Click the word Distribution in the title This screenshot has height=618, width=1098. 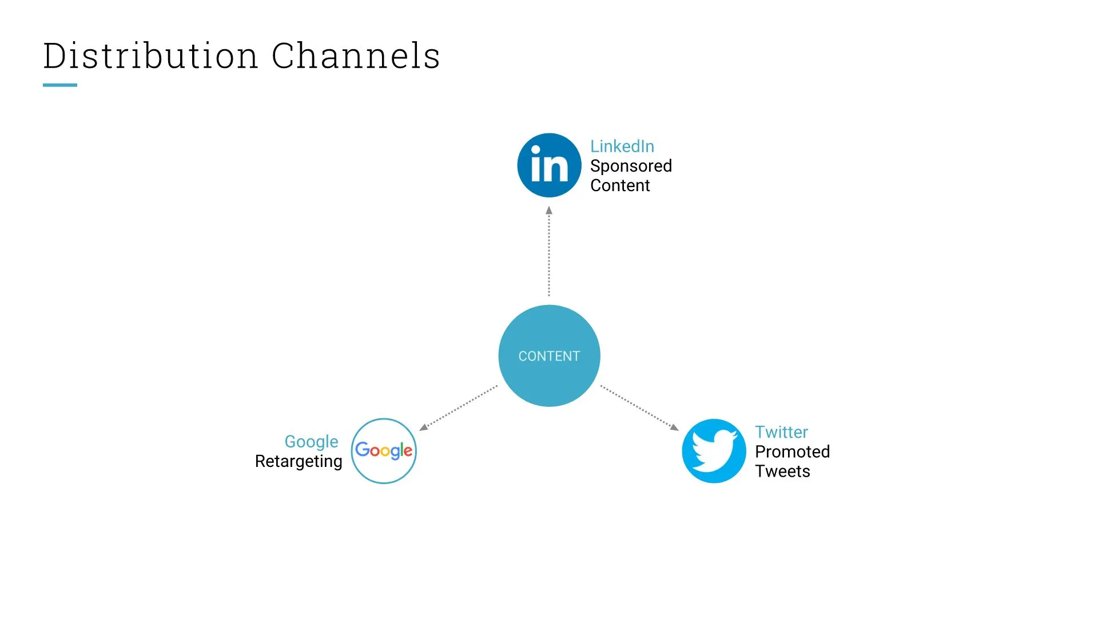pyautogui.click(x=150, y=56)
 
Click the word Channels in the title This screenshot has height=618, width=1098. pyautogui.click(x=355, y=56)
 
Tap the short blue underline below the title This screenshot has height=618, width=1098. pyautogui.click(x=59, y=85)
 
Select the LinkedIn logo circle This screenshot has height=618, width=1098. pyautogui.click(x=549, y=165)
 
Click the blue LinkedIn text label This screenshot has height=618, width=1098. pyautogui.click(x=622, y=146)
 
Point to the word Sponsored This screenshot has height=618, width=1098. pyautogui.click(x=630, y=166)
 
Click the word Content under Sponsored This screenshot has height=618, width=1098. pyautogui.click(x=619, y=185)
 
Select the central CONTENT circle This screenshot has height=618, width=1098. pyautogui.click(x=549, y=355)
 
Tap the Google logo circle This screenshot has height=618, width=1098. pyautogui.click(x=384, y=451)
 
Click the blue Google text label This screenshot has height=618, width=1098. pyautogui.click(x=311, y=442)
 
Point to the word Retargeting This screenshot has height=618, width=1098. pyautogui.click(x=298, y=461)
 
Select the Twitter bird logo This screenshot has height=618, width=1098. pyautogui.click(x=714, y=451)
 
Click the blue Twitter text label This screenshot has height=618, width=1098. pyautogui.click(x=781, y=432)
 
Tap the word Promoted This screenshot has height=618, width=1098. pyautogui.click(x=791, y=451)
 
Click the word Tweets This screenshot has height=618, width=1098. pyautogui.click(x=782, y=471)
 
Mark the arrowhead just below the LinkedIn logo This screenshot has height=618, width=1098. pyautogui.click(x=549, y=210)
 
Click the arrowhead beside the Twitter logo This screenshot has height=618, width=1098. pyautogui.click(x=674, y=427)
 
